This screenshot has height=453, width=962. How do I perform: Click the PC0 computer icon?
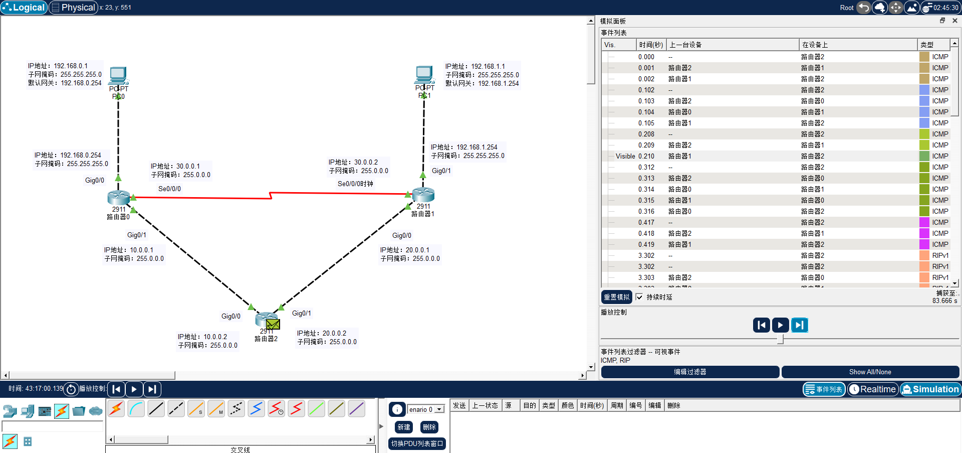(118, 76)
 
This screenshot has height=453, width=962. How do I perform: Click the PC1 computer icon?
(424, 75)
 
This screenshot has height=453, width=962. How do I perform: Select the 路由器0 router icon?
(119, 197)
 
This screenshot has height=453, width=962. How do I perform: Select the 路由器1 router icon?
(423, 194)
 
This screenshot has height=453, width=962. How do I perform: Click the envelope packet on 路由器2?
(273, 324)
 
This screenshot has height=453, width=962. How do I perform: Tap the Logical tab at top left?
(24, 8)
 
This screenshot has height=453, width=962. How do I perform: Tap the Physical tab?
(73, 8)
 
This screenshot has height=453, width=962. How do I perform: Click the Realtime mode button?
(872, 389)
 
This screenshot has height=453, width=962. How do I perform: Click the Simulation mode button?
(930, 389)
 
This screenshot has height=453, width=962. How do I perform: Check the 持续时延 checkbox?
(639, 297)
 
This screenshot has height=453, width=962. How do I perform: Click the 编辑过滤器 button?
(690, 372)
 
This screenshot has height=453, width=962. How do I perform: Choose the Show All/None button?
(870, 372)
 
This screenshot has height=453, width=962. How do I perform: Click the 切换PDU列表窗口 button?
(417, 443)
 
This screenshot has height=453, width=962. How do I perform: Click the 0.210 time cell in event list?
(646, 156)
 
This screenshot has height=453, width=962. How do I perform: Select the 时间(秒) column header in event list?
(651, 45)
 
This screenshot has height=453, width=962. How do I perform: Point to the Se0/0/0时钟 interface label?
(355, 184)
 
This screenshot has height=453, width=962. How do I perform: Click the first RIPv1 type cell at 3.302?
(940, 255)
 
